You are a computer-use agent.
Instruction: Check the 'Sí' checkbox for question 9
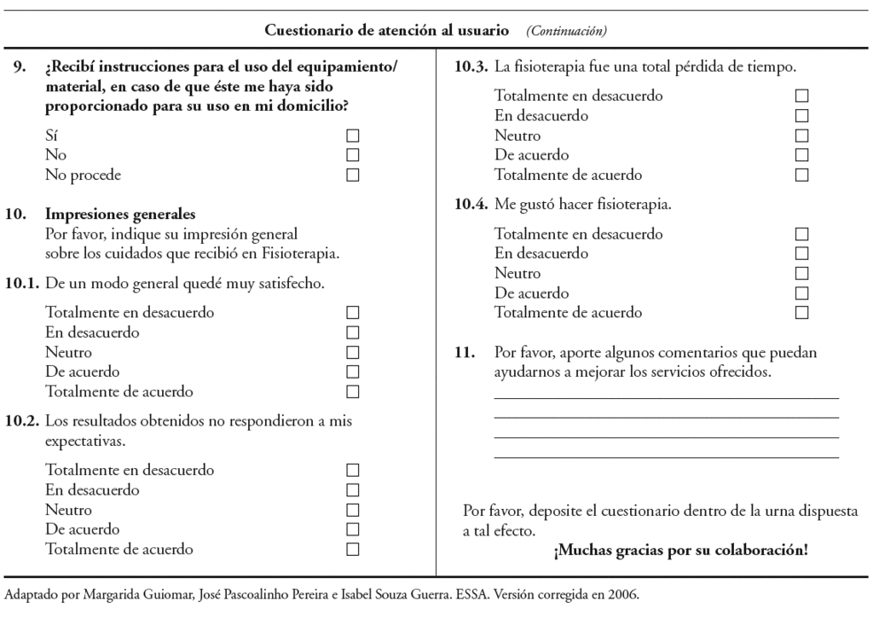point(353,136)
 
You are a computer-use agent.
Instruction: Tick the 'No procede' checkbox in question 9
point(353,176)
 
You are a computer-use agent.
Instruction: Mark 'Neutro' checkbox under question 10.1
point(353,352)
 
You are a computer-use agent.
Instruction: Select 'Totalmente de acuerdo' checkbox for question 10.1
point(353,392)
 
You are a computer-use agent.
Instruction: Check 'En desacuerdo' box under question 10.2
point(353,490)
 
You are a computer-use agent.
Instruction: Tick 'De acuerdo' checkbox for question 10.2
point(353,530)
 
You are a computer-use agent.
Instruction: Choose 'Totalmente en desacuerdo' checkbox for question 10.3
point(801,96)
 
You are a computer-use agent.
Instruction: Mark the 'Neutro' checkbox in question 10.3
point(801,136)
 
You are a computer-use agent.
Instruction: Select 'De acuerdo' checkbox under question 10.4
point(801,293)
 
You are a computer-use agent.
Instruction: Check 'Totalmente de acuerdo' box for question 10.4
point(801,313)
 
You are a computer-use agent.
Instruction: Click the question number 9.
point(19,67)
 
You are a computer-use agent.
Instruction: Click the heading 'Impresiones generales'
point(120,214)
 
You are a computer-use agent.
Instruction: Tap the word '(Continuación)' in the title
point(566,32)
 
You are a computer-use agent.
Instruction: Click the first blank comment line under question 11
point(666,397)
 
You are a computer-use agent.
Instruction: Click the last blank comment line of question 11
point(666,457)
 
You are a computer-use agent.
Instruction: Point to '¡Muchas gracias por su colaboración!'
point(680,551)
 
